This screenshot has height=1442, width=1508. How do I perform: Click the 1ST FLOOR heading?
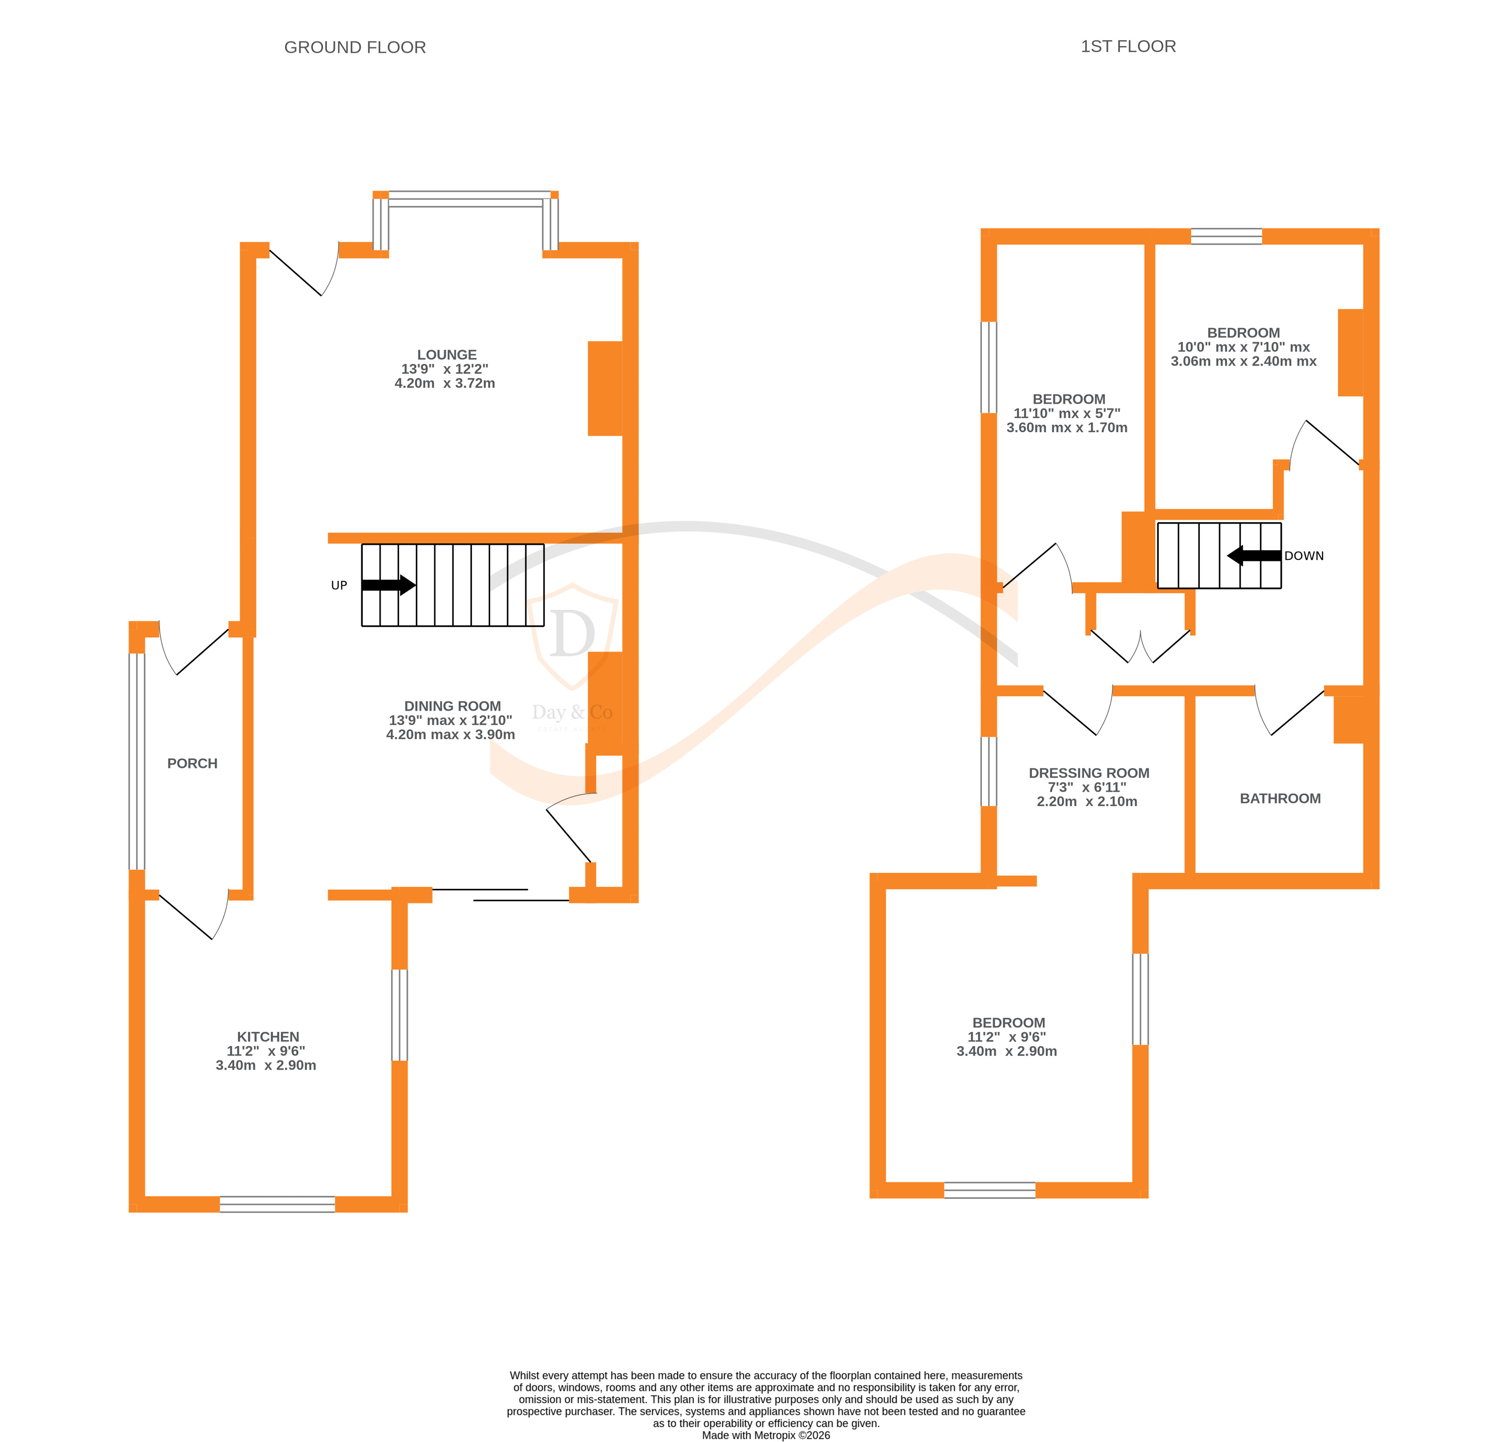coord(1127,47)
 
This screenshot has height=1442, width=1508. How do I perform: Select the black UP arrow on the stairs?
coord(388,585)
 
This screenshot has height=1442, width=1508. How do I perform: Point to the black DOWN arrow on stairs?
coord(1253,556)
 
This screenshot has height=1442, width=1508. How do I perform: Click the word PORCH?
coord(192,763)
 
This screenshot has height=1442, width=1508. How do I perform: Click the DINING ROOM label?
coord(452,706)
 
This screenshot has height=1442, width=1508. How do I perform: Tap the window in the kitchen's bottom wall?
coord(277,1204)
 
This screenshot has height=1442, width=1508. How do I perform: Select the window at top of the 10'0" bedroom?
coord(1226,236)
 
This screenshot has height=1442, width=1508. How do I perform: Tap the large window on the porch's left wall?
coord(136,761)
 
